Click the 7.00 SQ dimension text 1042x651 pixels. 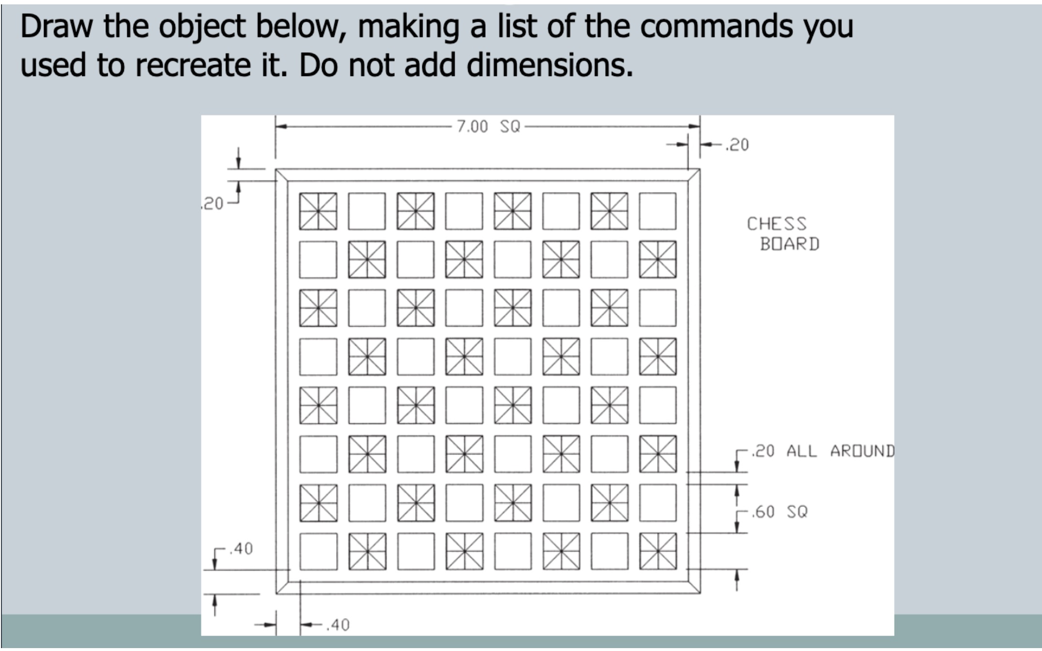pyautogui.click(x=488, y=127)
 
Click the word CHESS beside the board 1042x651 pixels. pyautogui.click(x=776, y=224)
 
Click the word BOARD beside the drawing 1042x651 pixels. pyautogui.click(x=789, y=244)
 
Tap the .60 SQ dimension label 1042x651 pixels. pyautogui.click(x=780, y=512)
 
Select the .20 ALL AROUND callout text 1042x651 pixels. pyautogui.click(x=823, y=451)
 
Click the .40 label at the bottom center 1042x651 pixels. pyautogui.click(x=338, y=625)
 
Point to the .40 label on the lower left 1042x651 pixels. pyautogui.click(x=241, y=549)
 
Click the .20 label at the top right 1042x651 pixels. pyautogui.click(x=737, y=145)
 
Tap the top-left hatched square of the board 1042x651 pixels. pyautogui.click(x=318, y=211)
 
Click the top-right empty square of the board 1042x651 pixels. pyautogui.click(x=657, y=211)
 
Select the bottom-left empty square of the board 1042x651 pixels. pyautogui.click(x=318, y=551)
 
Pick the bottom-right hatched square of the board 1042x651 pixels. pyautogui.click(x=657, y=551)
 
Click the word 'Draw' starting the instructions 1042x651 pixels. pyautogui.click(x=56, y=27)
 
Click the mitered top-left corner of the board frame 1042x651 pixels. pyautogui.click(x=282, y=175)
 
